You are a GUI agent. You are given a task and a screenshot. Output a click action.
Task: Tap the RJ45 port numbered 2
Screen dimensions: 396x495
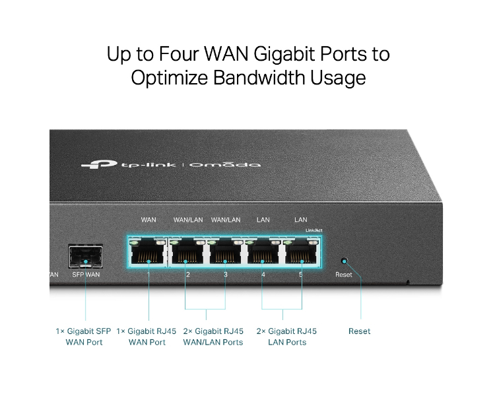pyautogui.click(x=187, y=251)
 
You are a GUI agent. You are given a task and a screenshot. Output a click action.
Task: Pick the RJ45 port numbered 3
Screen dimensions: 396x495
pyautogui.click(x=226, y=251)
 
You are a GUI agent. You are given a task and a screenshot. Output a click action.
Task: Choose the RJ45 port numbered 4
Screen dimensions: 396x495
pyautogui.click(x=263, y=251)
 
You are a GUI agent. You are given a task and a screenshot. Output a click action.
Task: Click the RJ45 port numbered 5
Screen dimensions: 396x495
pyautogui.click(x=302, y=251)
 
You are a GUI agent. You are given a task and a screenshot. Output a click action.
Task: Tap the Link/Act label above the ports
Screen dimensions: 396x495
pyautogui.click(x=313, y=230)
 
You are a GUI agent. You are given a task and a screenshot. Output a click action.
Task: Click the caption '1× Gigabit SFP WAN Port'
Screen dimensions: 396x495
pyautogui.click(x=84, y=337)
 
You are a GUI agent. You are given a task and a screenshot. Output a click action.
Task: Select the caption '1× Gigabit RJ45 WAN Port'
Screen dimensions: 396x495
pyautogui.click(x=147, y=337)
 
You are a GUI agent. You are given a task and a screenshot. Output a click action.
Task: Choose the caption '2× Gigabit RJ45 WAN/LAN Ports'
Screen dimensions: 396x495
pyautogui.click(x=213, y=337)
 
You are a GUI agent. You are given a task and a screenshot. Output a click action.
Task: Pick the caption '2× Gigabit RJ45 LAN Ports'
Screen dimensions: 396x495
pyautogui.click(x=286, y=337)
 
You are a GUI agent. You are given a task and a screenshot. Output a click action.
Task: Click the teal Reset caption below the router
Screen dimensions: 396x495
pyautogui.click(x=360, y=331)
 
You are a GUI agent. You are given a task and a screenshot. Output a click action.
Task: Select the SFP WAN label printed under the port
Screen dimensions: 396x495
pyautogui.click(x=85, y=275)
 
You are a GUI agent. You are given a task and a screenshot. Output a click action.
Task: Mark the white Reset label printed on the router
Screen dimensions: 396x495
pyautogui.click(x=344, y=275)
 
